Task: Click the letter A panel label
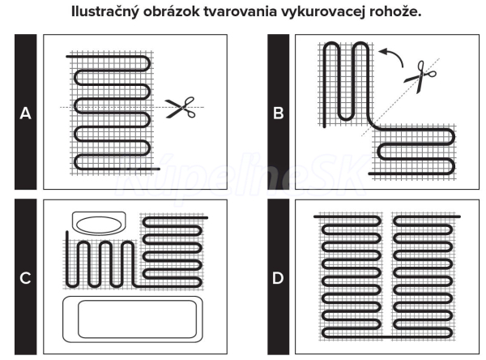click(25, 114)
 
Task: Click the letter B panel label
click(279, 114)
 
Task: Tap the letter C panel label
click(25, 278)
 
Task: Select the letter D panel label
click(279, 278)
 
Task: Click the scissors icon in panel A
click(181, 107)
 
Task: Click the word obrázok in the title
click(201, 15)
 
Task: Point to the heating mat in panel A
click(113, 109)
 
